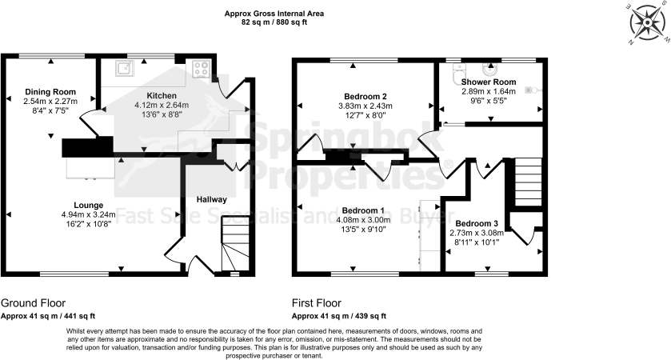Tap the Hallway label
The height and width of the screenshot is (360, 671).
[212, 199]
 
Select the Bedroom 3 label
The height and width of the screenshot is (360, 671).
[477, 223]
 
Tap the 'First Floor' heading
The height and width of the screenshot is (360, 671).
[317, 303]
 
